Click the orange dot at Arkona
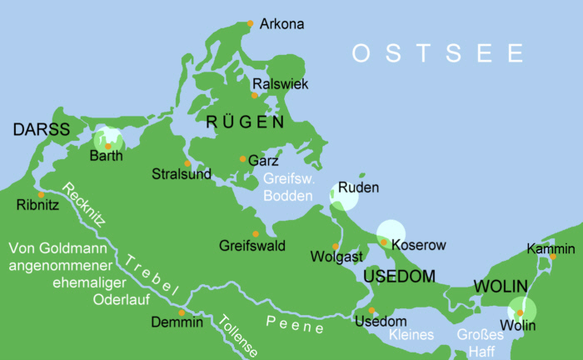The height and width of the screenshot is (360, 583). point(250,23)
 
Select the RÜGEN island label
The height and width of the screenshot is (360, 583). point(245,122)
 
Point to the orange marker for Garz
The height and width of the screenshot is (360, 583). point(242,158)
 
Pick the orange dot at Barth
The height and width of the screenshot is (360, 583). point(108,146)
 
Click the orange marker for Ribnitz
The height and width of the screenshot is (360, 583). point(41,194)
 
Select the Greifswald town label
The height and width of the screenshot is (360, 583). point(252,246)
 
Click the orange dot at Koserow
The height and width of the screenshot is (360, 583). point(384,242)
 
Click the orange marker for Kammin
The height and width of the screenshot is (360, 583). point(551,257)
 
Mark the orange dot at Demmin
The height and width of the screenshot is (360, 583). point(182,312)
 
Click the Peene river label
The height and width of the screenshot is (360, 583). point(295,326)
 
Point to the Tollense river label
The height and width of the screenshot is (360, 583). point(237,336)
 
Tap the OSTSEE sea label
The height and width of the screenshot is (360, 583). point(437,54)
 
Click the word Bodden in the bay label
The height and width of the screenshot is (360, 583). point(290,196)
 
